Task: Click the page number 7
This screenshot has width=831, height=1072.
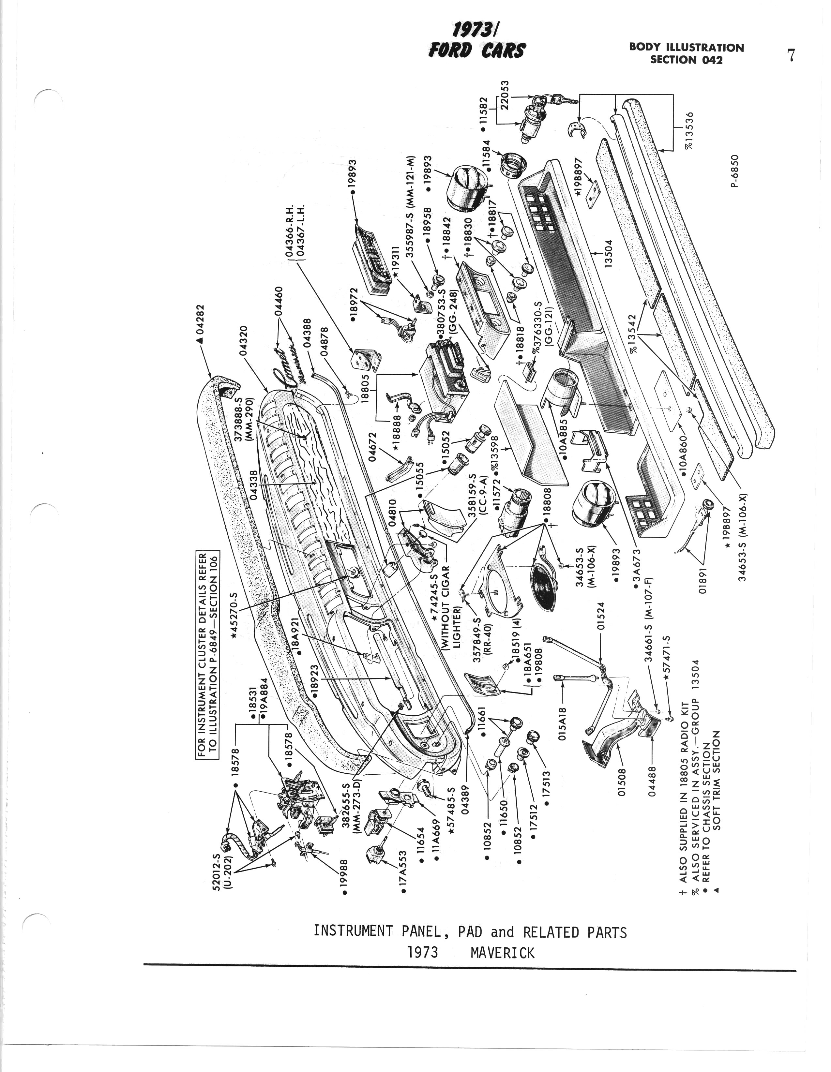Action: tap(790, 55)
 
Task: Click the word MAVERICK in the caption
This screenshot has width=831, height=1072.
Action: tap(502, 953)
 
